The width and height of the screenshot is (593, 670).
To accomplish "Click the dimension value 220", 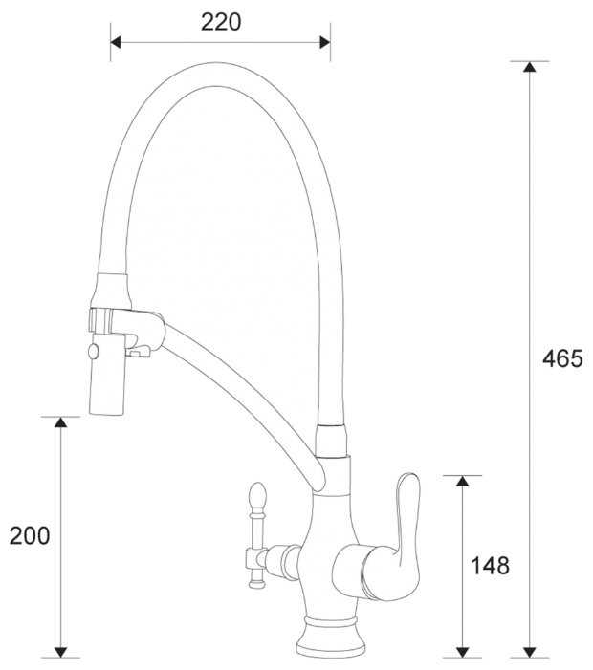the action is click(x=221, y=22).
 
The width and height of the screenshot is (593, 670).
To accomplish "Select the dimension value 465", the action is click(x=562, y=358).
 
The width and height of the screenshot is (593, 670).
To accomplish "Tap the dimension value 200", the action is click(x=30, y=535).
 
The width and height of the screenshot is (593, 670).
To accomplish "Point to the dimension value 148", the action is click(x=490, y=566).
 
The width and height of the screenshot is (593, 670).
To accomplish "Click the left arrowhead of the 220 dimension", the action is click(x=116, y=42).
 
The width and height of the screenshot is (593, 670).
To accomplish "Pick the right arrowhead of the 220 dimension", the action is click(x=325, y=42).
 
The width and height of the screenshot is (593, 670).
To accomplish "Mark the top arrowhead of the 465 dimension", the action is click(x=529, y=67).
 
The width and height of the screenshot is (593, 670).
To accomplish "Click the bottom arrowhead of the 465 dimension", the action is click(x=529, y=653).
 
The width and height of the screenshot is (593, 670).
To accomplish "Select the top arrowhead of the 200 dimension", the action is click(x=60, y=421).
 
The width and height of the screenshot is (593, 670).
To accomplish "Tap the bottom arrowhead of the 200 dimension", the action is click(x=60, y=653).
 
